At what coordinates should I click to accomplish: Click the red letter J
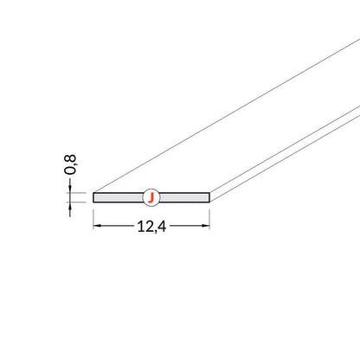[x=151, y=198]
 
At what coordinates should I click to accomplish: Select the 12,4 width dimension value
[x=151, y=227]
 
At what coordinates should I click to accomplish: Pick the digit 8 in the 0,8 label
[x=70, y=158]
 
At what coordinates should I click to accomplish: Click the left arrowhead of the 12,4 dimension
[x=97, y=226]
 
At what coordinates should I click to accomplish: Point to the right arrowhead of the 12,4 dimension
[x=206, y=226]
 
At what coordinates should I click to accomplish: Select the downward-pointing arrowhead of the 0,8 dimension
[x=70, y=189]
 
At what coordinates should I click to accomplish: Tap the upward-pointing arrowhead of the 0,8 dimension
[x=70, y=205]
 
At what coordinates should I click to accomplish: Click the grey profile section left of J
[x=119, y=197]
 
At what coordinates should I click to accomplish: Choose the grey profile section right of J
[x=184, y=197]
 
